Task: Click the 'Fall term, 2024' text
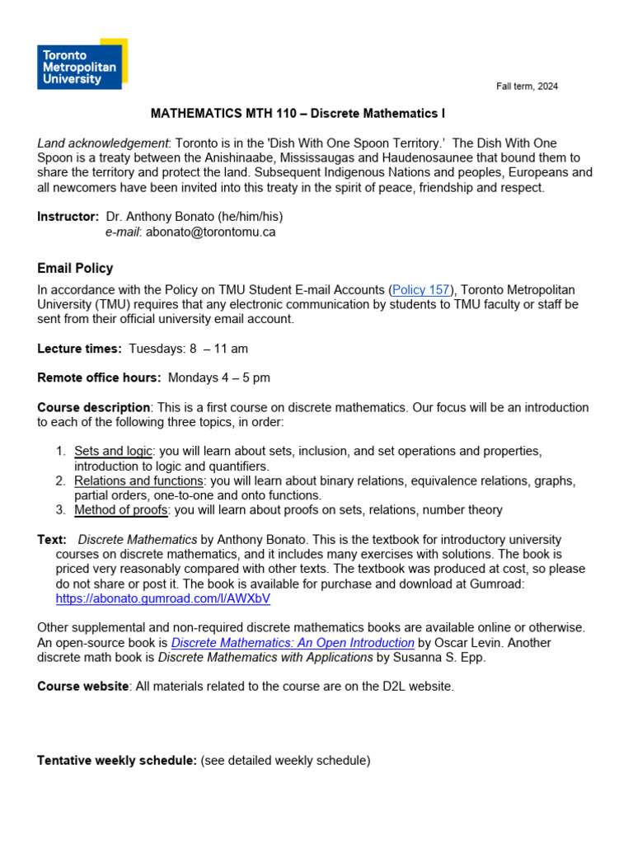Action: [526, 87]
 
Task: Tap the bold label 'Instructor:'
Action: [68, 217]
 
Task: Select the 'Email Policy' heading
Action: [75, 269]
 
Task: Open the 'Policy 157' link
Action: [421, 290]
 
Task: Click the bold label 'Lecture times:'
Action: [79, 349]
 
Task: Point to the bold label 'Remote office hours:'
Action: [99, 378]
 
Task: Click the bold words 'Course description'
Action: [93, 408]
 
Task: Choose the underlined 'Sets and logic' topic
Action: [113, 452]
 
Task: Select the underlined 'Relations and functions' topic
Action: [138, 481]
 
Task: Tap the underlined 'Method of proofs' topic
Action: [121, 510]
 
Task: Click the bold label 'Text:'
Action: [52, 540]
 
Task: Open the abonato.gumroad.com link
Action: [162, 598]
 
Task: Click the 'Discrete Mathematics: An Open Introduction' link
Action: [293, 643]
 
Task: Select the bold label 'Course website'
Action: [82, 687]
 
